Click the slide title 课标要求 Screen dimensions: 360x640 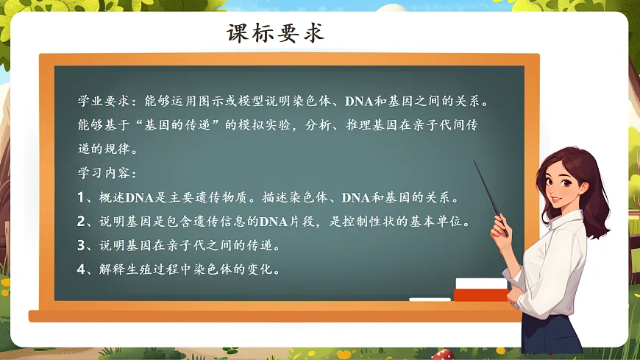click(x=276, y=34)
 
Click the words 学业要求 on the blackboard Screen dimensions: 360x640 click(x=103, y=101)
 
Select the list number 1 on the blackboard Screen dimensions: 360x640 click(x=82, y=198)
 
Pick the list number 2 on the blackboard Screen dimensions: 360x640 click(x=82, y=222)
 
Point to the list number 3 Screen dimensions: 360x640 click(x=82, y=245)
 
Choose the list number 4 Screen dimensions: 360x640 click(x=82, y=269)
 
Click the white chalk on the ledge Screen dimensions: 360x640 click(x=430, y=300)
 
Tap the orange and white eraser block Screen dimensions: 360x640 click(x=480, y=289)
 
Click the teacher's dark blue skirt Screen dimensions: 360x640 click(x=552, y=335)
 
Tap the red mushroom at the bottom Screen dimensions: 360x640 click(x=441, y=355)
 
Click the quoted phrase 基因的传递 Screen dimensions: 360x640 click(x=179, y=125)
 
